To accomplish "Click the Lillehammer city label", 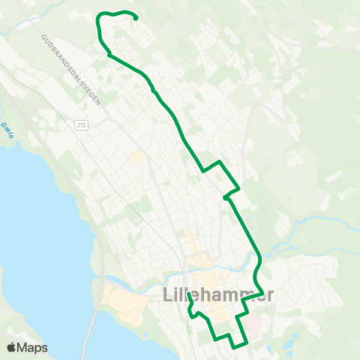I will pos(218,295).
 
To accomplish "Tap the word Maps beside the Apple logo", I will pos(33,348).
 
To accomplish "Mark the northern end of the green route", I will pos(136,19).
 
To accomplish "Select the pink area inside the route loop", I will pos(254,325).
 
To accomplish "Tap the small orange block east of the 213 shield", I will pos(136,157).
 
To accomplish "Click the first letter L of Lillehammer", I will pos(168,295).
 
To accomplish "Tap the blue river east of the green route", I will pos(300,232).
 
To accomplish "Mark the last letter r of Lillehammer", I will pos(269,295).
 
